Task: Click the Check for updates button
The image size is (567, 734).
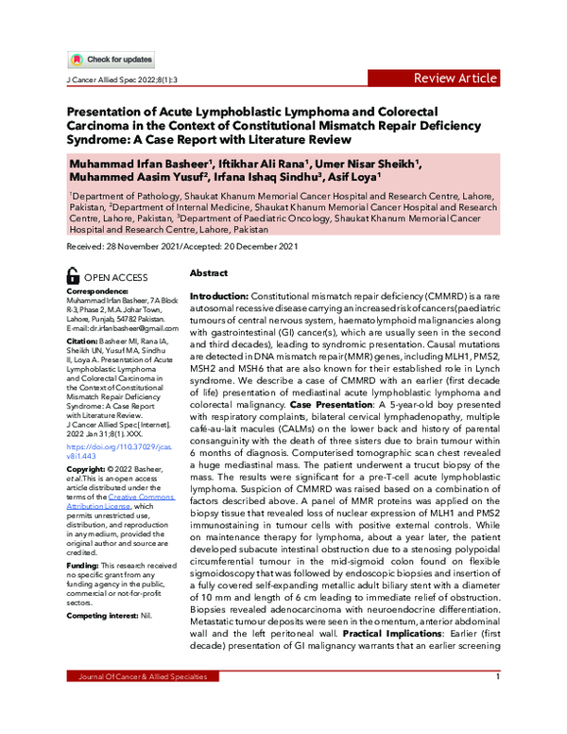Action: [111, 60]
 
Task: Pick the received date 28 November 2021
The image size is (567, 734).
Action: [128, 247]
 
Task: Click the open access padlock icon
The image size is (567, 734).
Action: [73, 276]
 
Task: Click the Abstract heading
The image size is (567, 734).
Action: [210, 271]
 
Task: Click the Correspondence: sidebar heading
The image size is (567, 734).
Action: [99, 293]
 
